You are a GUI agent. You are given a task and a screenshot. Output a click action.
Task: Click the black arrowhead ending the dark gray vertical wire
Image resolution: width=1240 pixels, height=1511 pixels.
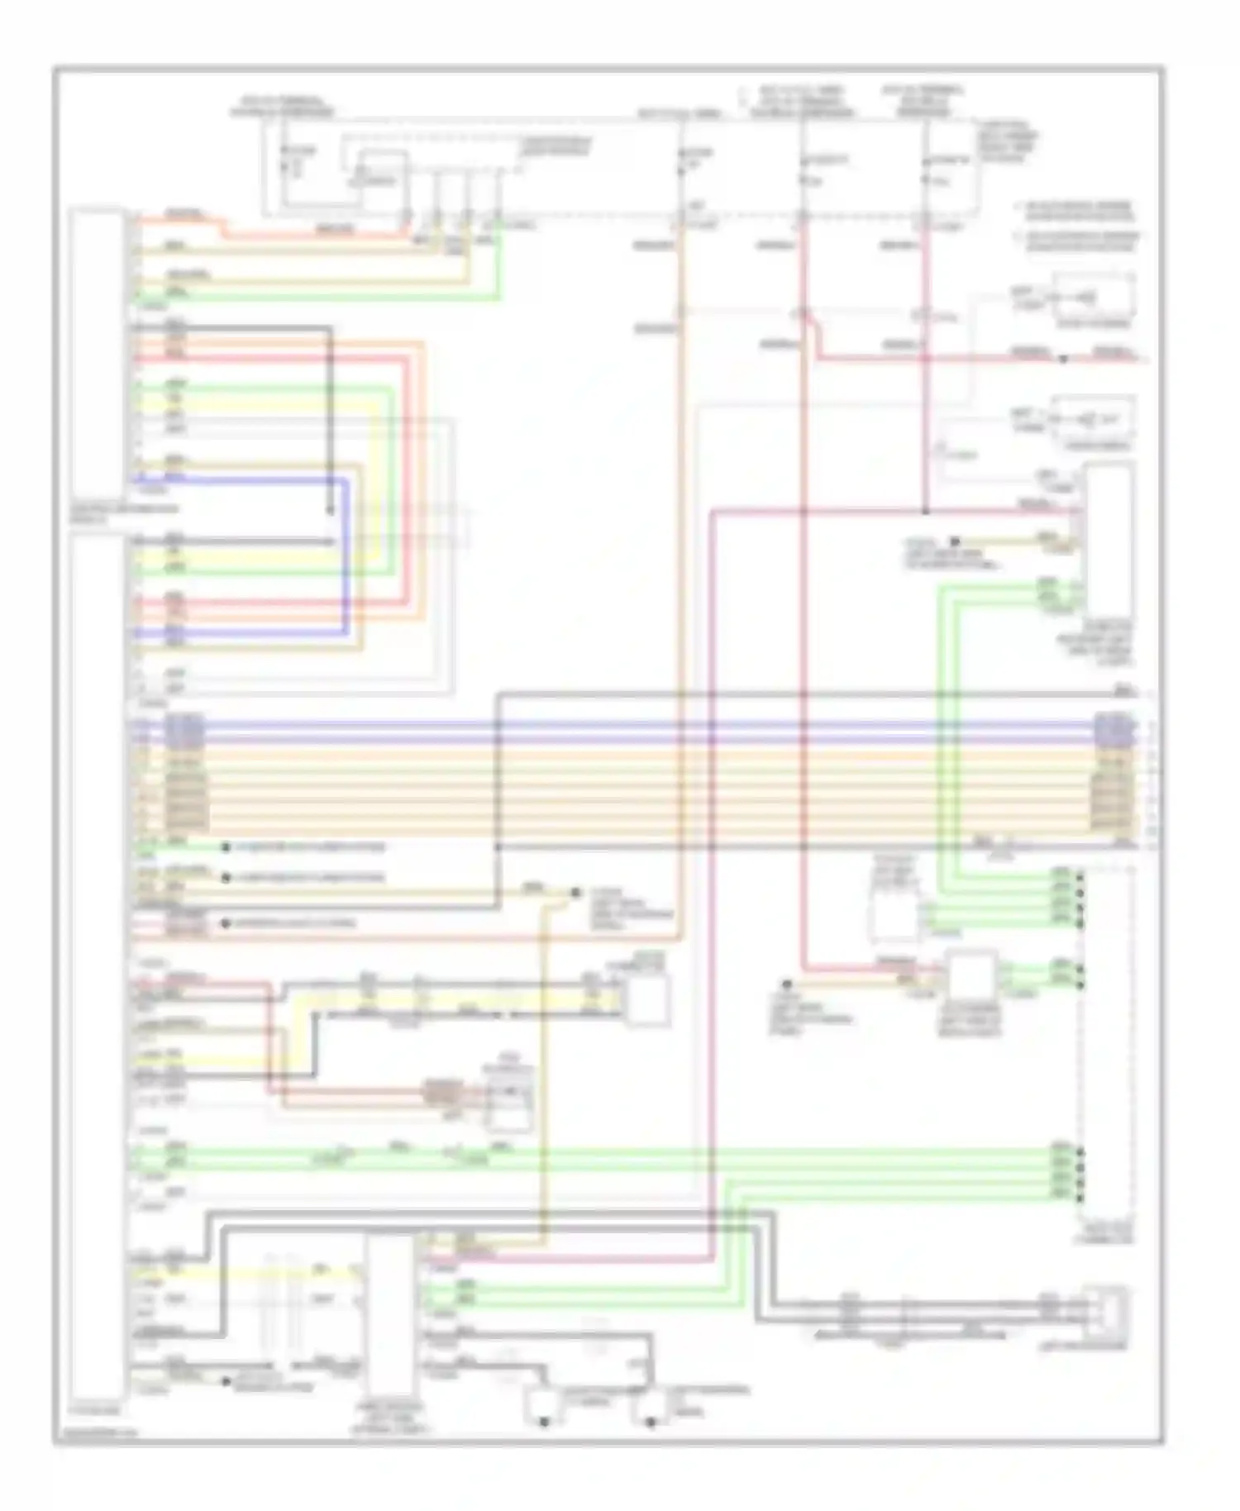331,511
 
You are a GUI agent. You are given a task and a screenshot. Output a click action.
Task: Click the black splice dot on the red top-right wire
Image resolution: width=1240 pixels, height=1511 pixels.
1064,360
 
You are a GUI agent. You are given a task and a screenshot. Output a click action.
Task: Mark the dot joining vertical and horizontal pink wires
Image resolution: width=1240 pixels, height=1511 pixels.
925,512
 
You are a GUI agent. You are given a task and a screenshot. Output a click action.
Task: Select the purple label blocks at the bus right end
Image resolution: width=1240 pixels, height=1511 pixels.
1109,728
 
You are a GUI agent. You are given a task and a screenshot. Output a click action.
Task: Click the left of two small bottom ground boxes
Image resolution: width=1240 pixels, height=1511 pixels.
543,1406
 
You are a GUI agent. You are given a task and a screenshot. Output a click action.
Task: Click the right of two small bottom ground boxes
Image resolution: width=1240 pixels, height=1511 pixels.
651,1406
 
